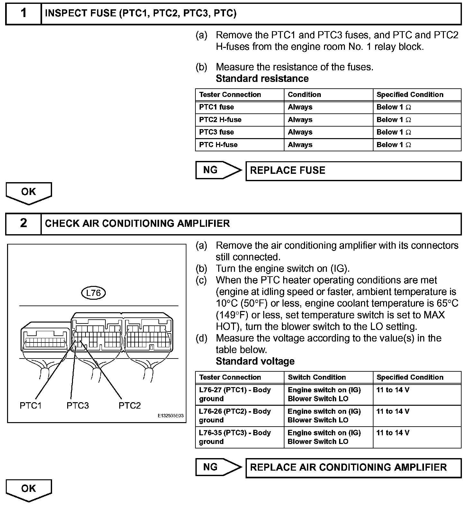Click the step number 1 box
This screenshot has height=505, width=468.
(23, 13)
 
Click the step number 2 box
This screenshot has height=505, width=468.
(23, 223)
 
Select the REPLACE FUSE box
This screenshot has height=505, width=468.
(353, 171)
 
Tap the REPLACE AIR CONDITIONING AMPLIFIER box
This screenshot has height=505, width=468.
(353, 467)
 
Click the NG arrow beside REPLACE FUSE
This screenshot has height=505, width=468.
(218, 170)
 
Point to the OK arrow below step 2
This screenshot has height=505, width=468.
(29, 490)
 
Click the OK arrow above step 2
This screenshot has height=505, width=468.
(29, 193)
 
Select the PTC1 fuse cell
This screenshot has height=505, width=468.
(239, 107)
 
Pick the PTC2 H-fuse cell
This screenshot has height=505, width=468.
(239, 120)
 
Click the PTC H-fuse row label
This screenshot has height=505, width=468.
(239, 145)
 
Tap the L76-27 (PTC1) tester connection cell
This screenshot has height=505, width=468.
(239, 394)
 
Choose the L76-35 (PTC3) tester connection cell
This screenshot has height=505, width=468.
(239, 437)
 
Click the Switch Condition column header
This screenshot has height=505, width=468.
(328, 377)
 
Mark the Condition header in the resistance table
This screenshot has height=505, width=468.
(328, 94)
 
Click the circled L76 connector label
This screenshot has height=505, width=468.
(94, 293)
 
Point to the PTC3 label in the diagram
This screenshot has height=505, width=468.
(77, 405)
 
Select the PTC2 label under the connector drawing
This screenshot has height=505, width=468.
(130, 405)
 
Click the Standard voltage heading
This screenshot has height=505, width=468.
(255, 361)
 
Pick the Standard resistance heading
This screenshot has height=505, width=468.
(262, 79)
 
